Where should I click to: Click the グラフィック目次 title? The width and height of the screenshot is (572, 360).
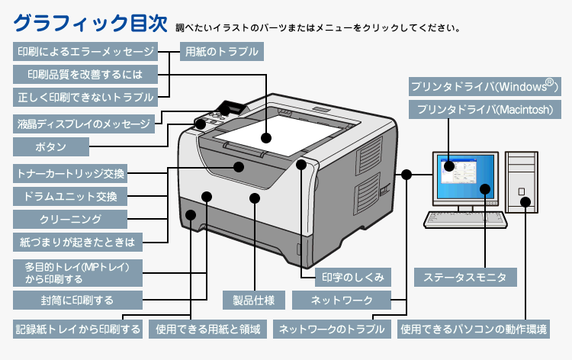90,23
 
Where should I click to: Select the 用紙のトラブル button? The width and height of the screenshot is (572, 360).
220,52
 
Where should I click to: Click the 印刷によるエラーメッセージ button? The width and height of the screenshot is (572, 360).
85,52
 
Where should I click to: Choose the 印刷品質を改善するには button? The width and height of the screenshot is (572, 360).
85,74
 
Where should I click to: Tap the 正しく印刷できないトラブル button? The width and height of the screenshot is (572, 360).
85,97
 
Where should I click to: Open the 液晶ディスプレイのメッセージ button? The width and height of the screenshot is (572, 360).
83,123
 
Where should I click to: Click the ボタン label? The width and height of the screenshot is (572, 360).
51,146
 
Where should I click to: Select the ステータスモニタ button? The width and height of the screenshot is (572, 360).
464,277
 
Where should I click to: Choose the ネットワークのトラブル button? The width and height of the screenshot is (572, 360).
330,330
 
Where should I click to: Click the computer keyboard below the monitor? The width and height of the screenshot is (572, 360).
465,220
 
